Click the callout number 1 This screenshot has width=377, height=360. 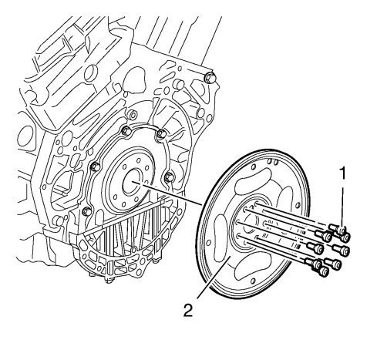pos(342,173)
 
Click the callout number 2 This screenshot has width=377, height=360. pos(188,310)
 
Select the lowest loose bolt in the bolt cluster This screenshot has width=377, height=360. pos(324,271)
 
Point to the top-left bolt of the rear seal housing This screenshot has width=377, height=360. pos(126,131)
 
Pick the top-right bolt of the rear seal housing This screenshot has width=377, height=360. pos(162,133)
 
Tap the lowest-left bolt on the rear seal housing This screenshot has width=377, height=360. pos(86,211)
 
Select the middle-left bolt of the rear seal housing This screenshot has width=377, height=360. pos(96,167)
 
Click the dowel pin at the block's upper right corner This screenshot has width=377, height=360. pos(210,78)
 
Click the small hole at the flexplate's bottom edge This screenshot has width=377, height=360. pos(253,281)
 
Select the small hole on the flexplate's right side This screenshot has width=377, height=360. pos(298,205)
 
